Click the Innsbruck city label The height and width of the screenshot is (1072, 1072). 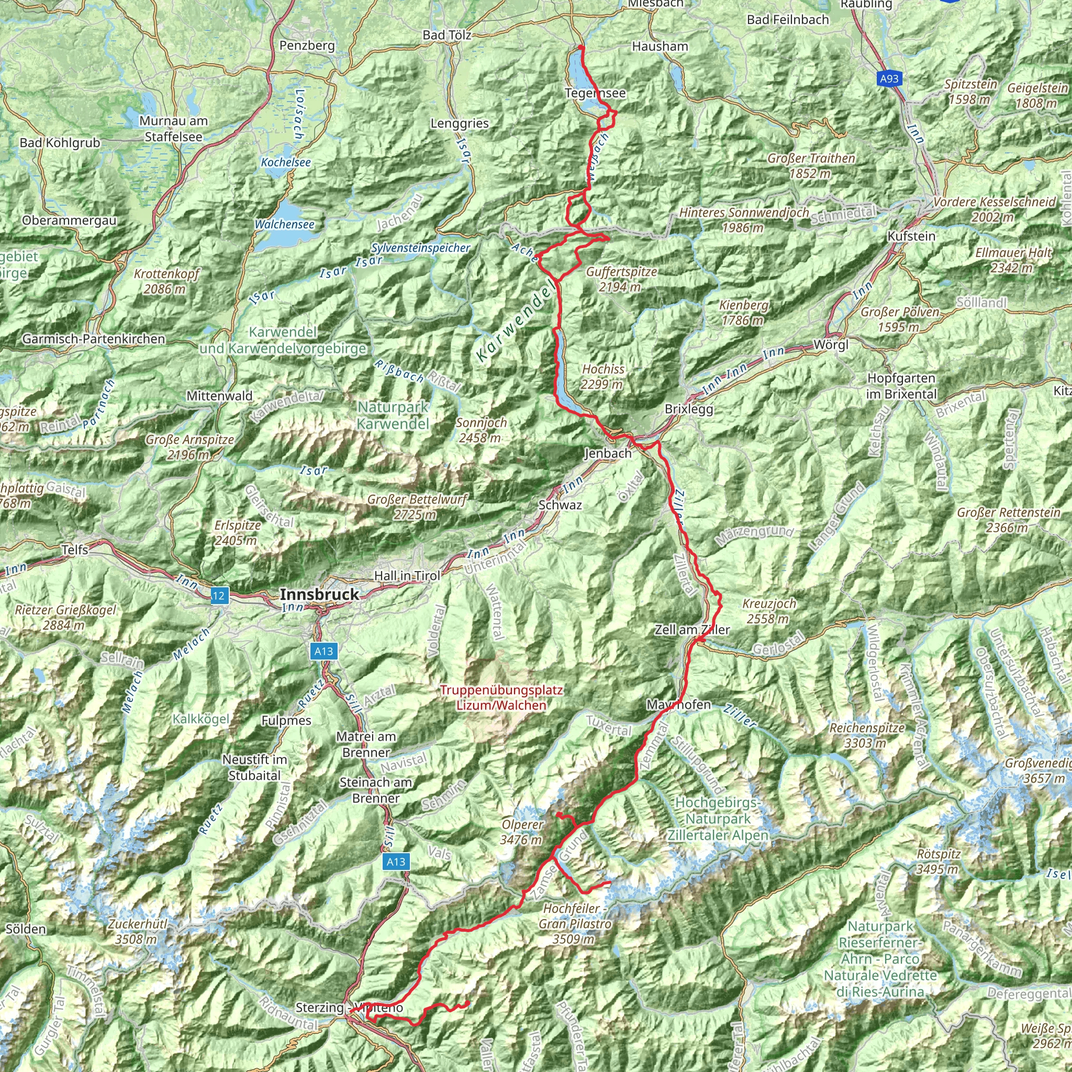(x=319, y=594)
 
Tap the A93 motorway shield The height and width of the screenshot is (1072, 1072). (x=889, y=79)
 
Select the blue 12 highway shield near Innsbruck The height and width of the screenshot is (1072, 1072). (x=219, y=596)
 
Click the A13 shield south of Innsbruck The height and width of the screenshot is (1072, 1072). (x=323, y=651)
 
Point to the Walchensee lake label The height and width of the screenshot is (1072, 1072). (x=284, y=224)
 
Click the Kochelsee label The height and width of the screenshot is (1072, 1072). (x=286, y=163)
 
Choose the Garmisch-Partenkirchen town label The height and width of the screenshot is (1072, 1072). (x=94, y=339)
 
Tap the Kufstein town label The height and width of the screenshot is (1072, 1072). (x=911, y=236)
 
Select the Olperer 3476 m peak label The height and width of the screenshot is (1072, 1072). (x=521, y=832)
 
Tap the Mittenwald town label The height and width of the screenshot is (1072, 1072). (x=219, y=396)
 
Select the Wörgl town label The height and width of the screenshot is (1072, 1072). (x=831, y=344)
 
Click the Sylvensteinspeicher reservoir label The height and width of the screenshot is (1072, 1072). (x=421, y=248)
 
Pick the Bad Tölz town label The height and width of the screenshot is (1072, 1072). (x=446, y=35)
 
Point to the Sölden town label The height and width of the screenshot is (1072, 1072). (x=26, y=929)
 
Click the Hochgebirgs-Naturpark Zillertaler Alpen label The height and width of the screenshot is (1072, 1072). (x=718, y=819)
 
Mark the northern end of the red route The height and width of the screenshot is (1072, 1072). (x=580, y=47)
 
